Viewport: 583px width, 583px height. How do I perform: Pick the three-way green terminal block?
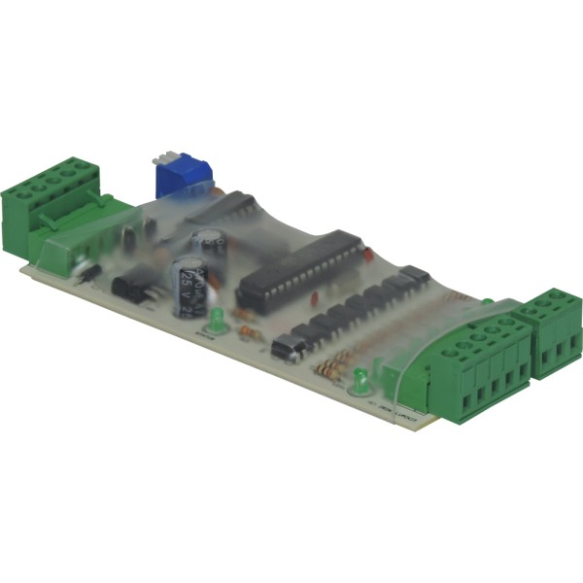(554, 330)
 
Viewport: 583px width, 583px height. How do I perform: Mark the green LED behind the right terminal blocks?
(487, 301)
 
